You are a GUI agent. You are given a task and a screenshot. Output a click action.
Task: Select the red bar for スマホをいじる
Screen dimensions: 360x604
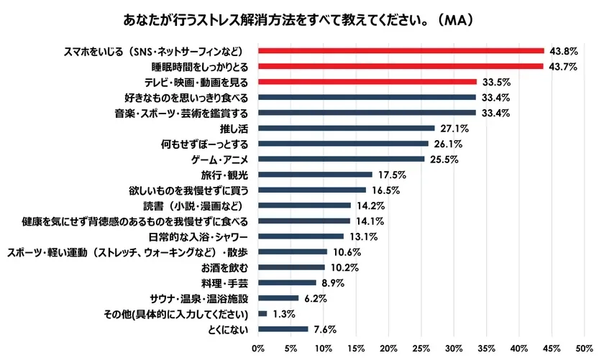pyautogui.click(x=401, y=51)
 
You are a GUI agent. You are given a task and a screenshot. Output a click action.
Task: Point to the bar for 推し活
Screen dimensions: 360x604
pyautogui.click(x=346, y=128)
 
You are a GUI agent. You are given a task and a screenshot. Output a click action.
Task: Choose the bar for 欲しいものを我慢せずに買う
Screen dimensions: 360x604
pyautogui.click(x=311, y=190)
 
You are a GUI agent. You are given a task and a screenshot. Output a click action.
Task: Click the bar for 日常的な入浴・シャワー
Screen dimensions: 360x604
pyautogui.click(x=300, y=236)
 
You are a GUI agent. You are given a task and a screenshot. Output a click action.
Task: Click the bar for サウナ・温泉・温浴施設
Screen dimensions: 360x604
pyautogui.click(x=278, y=298)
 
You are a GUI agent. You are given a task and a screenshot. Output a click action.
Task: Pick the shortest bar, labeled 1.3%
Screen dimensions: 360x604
pyautogui.click(x=262, y=314)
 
